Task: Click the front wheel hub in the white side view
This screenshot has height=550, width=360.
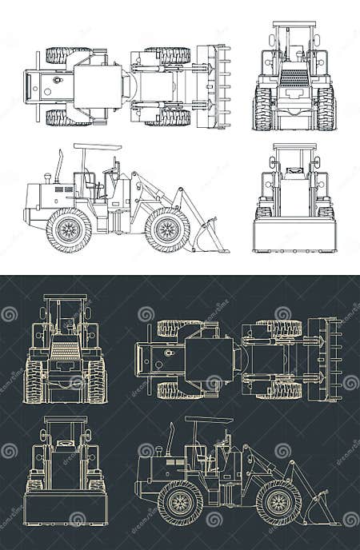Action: [167, 230]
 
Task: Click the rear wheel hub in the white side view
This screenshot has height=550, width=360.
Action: [69, 230]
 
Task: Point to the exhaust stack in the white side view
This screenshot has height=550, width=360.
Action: [59, 166]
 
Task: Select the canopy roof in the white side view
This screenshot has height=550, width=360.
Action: [98, 147]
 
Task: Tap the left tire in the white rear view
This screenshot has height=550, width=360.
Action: [263, 108]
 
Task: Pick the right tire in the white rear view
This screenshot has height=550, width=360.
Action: [326, 108]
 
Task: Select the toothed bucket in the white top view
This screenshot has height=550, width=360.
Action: [213, 86]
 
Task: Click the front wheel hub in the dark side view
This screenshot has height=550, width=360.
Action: [278, 503]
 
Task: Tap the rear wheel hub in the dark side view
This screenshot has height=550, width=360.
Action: [180, 503]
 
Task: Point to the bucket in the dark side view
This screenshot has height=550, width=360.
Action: [320, 509]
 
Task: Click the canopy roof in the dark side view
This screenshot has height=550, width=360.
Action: [209, 420]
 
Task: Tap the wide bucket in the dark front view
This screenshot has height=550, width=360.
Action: [66, 508]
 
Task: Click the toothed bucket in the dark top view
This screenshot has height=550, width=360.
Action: [325, 359]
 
